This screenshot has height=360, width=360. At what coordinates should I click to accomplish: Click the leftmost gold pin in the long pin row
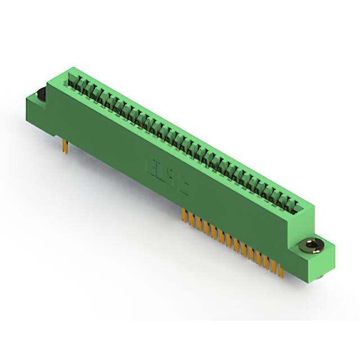tap(183, 214)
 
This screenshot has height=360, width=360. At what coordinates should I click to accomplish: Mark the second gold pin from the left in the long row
tap(188, 217)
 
